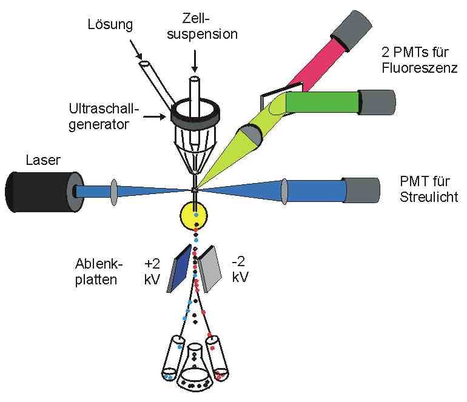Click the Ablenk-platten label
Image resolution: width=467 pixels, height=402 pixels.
[101, 272]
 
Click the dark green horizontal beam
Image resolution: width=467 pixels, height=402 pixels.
[322, 101]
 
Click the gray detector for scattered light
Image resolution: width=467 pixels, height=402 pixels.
[362, 190]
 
